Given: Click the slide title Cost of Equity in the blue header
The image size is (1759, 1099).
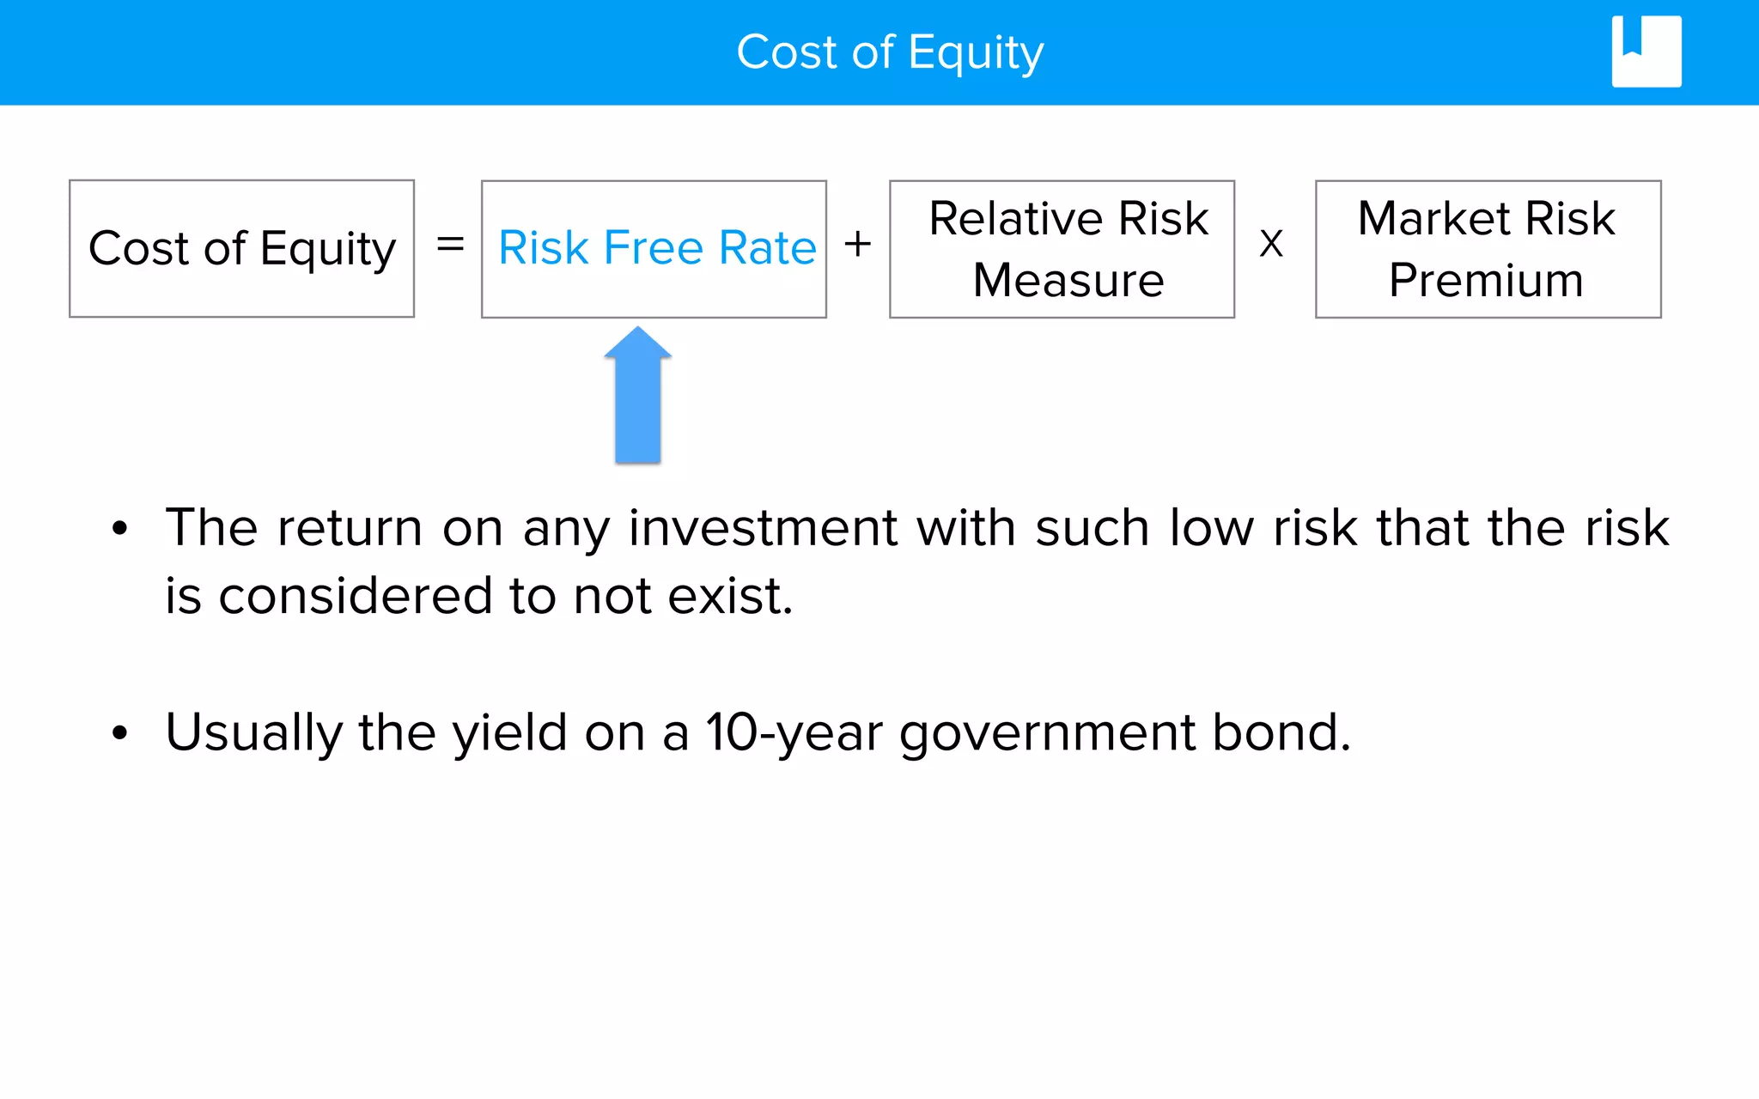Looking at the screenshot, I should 890,52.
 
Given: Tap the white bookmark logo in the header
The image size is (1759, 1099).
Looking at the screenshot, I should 1646,52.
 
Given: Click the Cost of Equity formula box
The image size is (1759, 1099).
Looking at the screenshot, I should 241,248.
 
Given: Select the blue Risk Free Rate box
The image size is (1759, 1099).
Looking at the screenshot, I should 654,248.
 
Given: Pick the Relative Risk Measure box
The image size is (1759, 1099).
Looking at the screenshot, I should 1062,248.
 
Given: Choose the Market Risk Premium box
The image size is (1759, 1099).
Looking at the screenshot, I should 1488,248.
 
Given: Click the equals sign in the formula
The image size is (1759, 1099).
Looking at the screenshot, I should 450,245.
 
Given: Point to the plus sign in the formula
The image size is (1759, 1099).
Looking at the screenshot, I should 857,245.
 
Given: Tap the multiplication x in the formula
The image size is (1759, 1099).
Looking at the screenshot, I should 1271,245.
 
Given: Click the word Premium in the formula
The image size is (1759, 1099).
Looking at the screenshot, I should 1486,280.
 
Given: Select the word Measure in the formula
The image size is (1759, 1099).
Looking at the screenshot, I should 1068,280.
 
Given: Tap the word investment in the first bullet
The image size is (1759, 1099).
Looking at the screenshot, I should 763,527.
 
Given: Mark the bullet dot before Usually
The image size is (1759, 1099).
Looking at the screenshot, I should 119,733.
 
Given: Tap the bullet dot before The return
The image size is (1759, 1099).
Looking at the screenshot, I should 119,529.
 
